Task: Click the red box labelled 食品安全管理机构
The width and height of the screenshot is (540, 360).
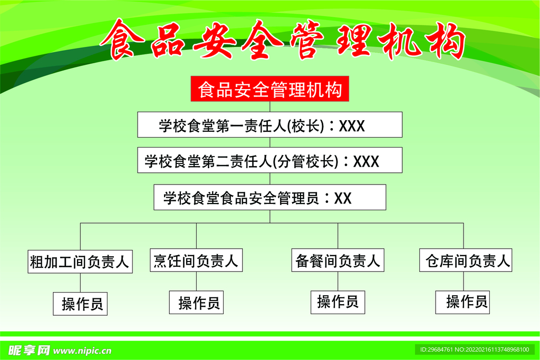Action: pos(269,90)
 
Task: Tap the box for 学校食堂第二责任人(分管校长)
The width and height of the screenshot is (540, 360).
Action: pos(269,160)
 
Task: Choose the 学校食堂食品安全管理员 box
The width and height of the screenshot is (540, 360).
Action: pos(269,198)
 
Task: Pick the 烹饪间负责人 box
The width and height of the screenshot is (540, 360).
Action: pos(196,260)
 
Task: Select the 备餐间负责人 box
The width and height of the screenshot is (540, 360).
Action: pos(338,260)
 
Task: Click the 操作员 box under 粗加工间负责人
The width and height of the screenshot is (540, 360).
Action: pos(80,304)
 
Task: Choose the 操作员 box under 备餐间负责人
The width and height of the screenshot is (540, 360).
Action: pos(337,301)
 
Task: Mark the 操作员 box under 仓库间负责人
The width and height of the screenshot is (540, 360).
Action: pos(463,302)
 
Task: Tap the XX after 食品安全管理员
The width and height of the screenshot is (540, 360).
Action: pos(343,198)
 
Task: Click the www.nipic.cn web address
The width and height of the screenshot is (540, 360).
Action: pos(83,350)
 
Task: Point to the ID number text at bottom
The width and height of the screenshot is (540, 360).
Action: pos(474,349)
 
